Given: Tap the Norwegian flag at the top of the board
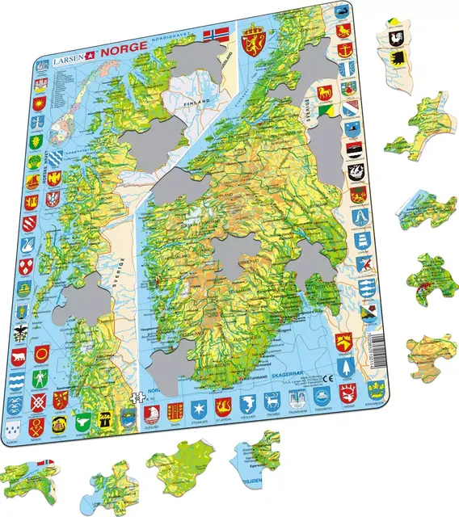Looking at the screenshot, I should point(217,36).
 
